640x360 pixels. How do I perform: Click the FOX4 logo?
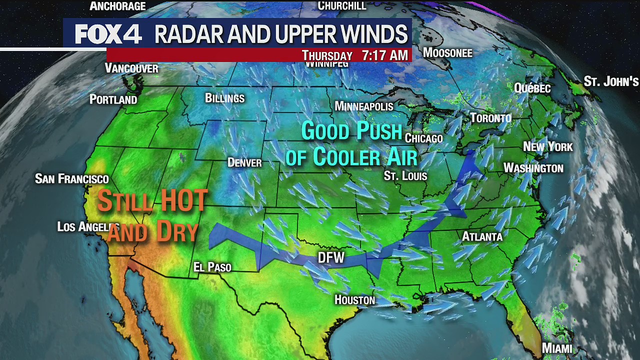108,34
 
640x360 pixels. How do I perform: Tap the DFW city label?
331,257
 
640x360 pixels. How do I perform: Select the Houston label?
354,300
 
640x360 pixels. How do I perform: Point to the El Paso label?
212,267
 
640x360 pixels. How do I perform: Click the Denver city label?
244,162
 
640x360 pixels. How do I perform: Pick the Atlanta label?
482,236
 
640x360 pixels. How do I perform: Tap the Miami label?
557,348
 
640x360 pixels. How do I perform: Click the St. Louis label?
405,175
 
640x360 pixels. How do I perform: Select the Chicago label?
423,138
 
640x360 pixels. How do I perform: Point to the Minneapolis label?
363,106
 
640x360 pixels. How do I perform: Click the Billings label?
224,98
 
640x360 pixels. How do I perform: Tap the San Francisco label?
71,178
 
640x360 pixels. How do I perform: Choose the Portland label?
113,99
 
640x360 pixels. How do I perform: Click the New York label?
547,146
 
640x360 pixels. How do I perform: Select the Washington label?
533,168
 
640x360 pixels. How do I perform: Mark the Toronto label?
490,118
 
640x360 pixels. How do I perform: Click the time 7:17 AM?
384,55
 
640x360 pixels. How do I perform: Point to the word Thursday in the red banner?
327,55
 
